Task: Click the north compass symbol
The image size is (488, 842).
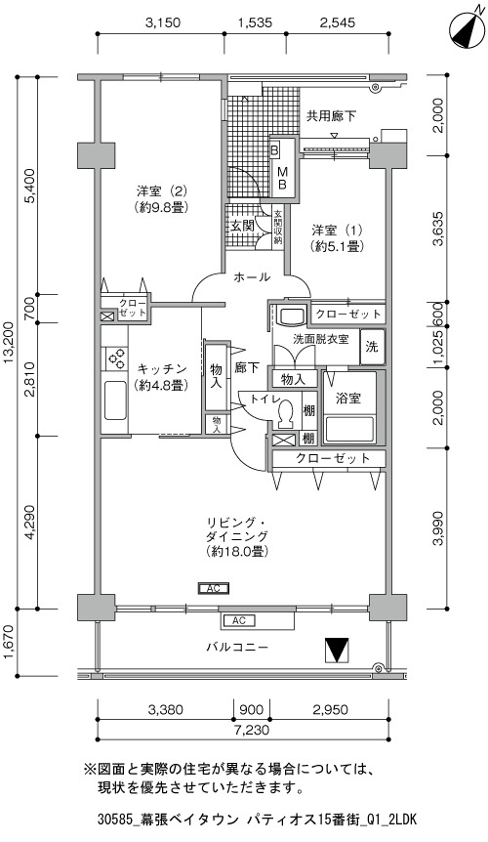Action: tap(465, 29)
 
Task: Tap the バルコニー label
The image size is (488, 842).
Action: tap(237, 647)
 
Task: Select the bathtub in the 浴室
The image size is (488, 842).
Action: tap(349, 429)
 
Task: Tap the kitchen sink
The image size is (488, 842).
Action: tap(115, 400)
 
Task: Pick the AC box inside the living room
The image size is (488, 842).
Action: tap(214, 589)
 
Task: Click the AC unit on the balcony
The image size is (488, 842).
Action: tap(257, 620)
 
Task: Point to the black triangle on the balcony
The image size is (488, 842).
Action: tap(337, 650)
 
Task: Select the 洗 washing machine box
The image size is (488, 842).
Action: tap(372, 347)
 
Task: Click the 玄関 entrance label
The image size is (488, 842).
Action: tap(242, 226)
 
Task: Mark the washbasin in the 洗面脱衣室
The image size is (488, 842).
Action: tap(292, 316)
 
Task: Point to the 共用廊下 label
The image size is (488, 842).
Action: tap(332, 115)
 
